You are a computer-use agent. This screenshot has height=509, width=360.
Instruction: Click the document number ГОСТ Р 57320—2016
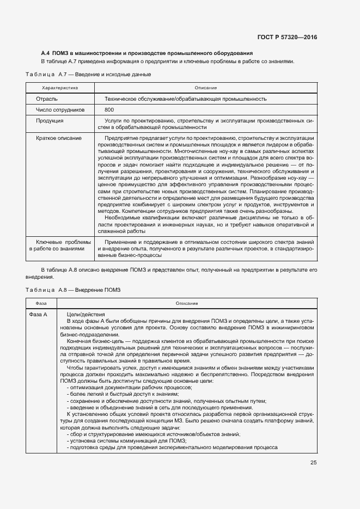[287, 37]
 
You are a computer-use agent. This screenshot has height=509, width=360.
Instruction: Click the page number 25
[313, 463]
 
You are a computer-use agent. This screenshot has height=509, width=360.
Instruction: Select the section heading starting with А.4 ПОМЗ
[147, 53]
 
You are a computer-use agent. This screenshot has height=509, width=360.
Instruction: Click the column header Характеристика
[60, 88]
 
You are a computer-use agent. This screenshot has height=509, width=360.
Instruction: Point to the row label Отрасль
[47, 99]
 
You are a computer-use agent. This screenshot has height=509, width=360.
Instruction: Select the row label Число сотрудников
[60, 109]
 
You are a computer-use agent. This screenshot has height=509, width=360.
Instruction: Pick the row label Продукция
[50, 120]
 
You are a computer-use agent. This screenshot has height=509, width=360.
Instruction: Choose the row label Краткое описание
[59, 138]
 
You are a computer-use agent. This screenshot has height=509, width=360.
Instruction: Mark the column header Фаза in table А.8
[41, 303]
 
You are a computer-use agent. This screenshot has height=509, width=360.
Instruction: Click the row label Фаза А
[39, 314]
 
